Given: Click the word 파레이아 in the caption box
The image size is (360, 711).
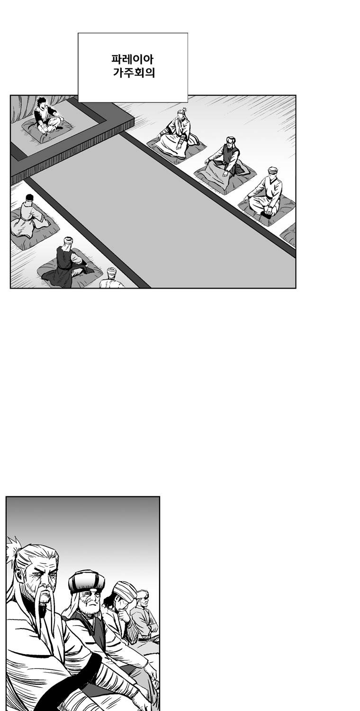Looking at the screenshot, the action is (133, 59).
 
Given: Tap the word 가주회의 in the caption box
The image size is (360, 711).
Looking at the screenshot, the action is (134, 73).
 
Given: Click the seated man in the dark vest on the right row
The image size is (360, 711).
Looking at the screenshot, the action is (226, 157).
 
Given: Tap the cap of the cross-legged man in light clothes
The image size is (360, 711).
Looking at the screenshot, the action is (273, 170).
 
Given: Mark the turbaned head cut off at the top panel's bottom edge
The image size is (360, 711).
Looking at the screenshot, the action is (111, 273).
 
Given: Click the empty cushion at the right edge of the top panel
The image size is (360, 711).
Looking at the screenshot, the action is (289, 235).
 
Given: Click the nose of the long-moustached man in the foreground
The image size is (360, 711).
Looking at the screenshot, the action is (45, 583).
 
